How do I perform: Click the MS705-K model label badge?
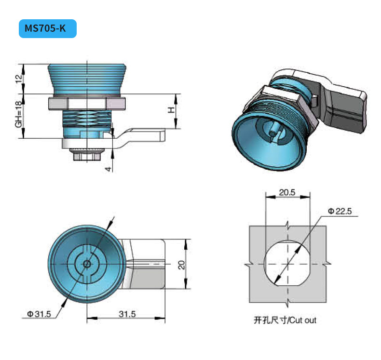48,28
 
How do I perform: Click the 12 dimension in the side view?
19,79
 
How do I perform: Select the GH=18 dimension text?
19,114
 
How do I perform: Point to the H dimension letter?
172,110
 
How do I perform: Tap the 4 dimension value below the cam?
109,169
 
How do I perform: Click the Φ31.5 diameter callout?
39,314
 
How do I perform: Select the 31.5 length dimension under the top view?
127,314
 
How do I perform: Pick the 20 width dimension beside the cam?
181,265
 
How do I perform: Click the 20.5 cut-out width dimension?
287,192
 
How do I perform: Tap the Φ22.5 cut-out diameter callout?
340,211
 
